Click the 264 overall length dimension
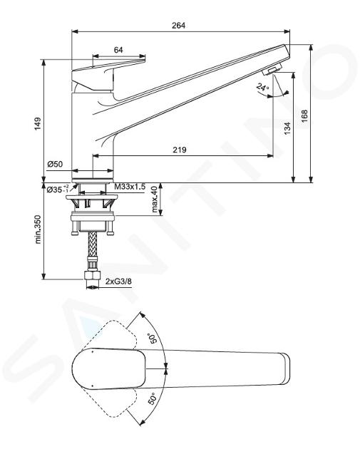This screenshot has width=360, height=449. pos(178,26)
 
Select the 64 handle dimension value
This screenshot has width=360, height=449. pos(118,50)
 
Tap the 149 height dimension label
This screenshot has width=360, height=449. pos(38,124)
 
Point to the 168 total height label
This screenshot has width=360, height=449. pos(304,116)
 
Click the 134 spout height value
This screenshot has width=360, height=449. pos(287,128)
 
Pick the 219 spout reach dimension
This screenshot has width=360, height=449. pos(179,150)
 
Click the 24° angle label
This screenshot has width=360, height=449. pos(262,87)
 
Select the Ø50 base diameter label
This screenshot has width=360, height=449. pos(55,164)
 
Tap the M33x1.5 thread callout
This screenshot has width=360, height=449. pos(130,187)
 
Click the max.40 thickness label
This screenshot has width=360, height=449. pos(155,200)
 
